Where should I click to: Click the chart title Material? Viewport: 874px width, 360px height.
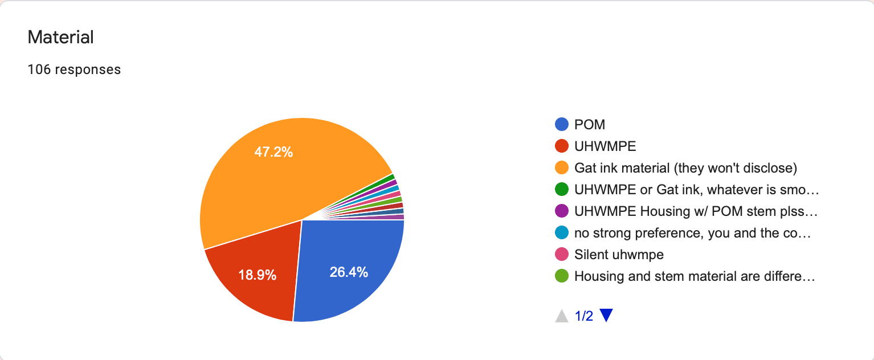[60, 38]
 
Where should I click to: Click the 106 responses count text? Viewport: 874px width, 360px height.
[74, 69]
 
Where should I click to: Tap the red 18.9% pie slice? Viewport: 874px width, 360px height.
[256, 268]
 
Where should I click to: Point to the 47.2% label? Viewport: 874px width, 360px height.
[273, 152]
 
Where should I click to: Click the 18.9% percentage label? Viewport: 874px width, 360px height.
[257, 276]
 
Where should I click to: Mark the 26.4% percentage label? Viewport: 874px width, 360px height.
[349, 272]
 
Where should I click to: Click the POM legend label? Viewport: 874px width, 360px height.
[589, 124]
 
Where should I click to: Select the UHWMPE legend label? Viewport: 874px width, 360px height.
[605, 146]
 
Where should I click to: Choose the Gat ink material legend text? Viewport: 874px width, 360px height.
[685, 168]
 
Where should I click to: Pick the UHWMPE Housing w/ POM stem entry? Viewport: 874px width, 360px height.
[696, 211]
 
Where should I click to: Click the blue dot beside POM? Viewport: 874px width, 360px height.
[562, 124]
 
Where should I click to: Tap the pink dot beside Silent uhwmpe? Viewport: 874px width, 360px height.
[562, 255]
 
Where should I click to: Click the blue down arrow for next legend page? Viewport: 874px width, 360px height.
[606, 316]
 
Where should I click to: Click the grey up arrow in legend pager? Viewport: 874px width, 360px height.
[562, 316]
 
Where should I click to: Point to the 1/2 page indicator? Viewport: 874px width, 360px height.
[584, 316]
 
